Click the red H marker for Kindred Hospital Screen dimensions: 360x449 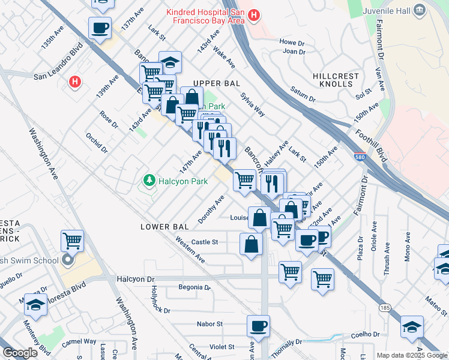coord(254,15)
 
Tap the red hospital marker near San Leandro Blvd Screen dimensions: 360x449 coord(74,82)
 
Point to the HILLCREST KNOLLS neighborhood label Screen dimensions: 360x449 coord(336,80)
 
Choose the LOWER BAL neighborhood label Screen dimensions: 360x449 coord(164,227)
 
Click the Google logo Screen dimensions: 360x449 coord(20,353)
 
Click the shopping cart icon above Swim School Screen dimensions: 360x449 coord(72,241)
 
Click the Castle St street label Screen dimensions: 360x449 coord(204,242)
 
